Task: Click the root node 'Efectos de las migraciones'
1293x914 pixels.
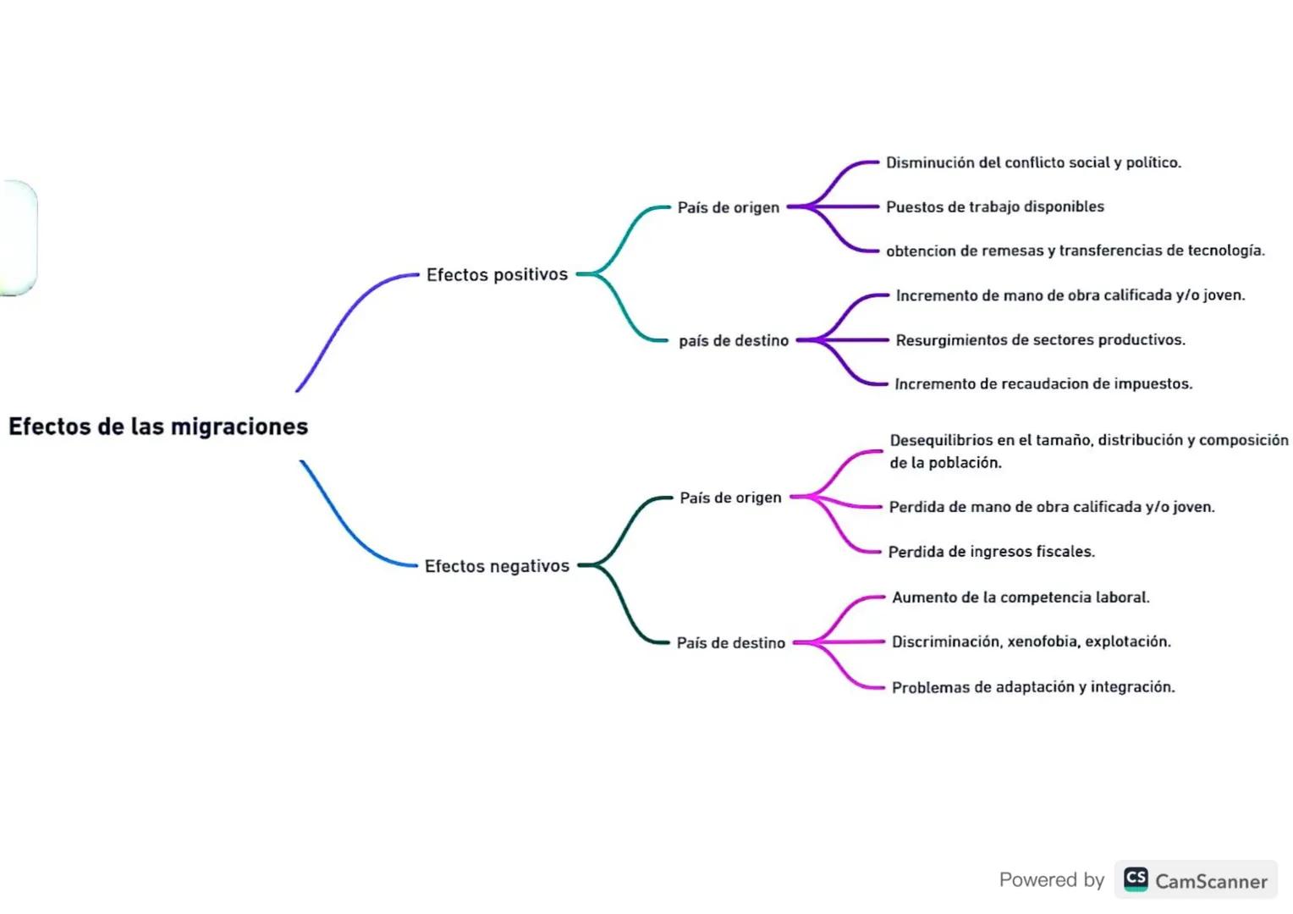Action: (x=158, y=427)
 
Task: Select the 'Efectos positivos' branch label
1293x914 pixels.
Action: (x=497, y=275)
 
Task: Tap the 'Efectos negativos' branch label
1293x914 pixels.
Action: (x=497, y=566)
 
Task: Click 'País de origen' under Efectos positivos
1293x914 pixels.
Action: (x=728, y=207)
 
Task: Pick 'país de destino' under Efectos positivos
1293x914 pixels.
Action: (x=733, y=340)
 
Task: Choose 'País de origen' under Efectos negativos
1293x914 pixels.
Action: (x=730, y=498)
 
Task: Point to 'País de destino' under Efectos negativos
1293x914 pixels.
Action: (x=730, y=643)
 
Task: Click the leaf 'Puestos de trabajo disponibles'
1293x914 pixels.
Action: (x=994, y=206)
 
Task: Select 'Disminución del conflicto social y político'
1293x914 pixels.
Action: (x=1032, y=162)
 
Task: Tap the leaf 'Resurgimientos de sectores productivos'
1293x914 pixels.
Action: (x=1040, y=340)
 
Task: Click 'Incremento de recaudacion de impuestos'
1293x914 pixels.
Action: (x=1043, y=384)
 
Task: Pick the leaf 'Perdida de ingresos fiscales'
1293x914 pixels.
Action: (x=991, y=552)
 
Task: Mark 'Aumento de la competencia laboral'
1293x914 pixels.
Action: (x=1021, y=597)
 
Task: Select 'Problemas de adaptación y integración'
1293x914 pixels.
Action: (x=1032, y=687)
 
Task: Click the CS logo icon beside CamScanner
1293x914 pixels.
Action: (x=1136, y=879)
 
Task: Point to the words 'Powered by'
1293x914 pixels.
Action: (x=1051, y=880)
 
